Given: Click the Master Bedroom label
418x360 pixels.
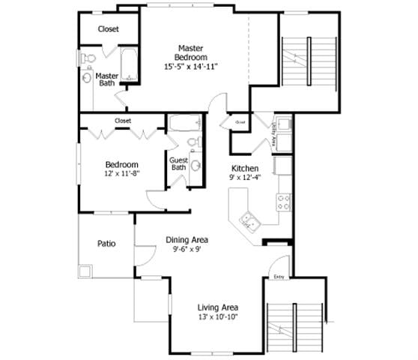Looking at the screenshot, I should [x=191, y=52].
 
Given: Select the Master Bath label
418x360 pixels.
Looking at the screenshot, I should [x=107, y=79].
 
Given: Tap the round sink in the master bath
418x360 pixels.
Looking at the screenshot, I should [x=86, y=77].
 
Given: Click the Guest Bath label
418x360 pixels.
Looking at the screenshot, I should [x=178, y=163].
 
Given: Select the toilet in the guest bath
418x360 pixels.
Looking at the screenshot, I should [x=191, y=142].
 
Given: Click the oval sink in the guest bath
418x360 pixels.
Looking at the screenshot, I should [x=196, y=166].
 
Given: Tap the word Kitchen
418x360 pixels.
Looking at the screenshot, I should [x=244, y=168].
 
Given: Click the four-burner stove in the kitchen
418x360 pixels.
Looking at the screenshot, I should [x=284, y=201].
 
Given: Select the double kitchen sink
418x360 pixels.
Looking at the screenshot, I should [x=249, y=220].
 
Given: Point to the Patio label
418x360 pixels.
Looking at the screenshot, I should [x=106, y=244].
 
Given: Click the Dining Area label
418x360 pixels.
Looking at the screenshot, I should [x=187, y=240].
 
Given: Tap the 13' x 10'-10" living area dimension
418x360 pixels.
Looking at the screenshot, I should [x=217, y=318].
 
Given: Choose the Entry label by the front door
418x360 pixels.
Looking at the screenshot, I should [x=279, y=277].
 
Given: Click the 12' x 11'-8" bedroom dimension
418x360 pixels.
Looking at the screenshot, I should [x=121, y=172].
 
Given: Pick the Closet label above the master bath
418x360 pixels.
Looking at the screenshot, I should [x=109, y=29].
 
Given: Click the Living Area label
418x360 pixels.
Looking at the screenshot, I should [x=217, y=307].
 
